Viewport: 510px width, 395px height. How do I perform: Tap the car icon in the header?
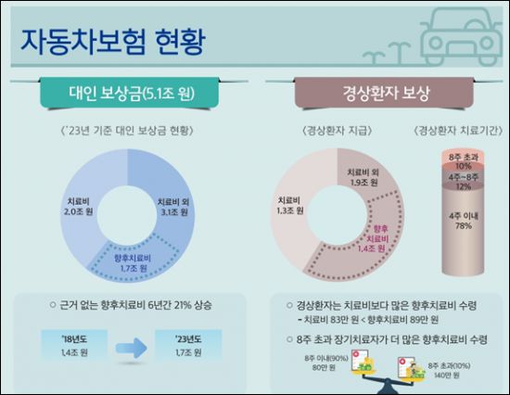point(454,37)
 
